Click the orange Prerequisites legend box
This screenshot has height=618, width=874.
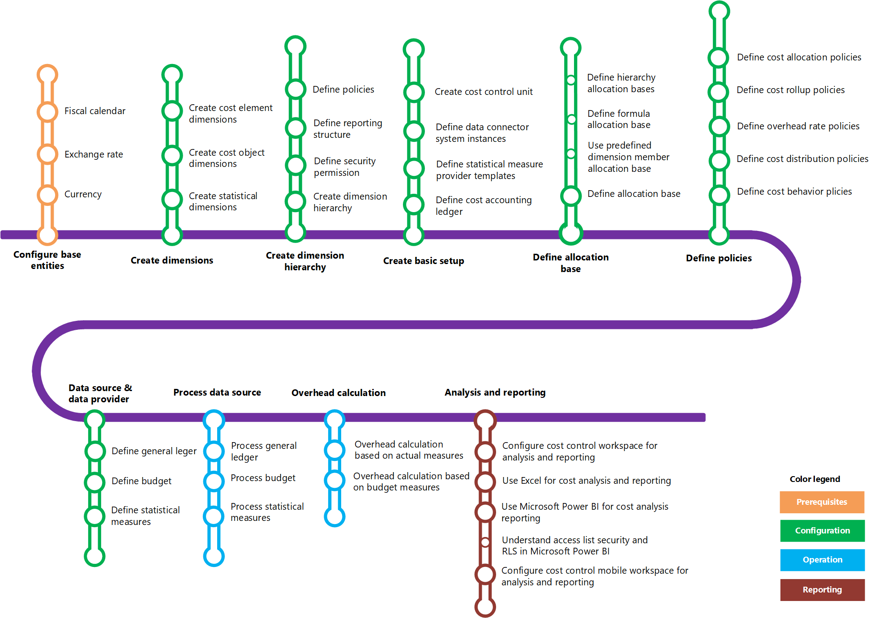[x=822, y=502]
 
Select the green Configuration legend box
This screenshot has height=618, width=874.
[x=822, y=531]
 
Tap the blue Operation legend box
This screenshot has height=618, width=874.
[x=822, y=560]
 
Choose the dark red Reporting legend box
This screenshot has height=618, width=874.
[x=822, y=590]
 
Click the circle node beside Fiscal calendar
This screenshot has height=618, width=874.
[x=47, y=111]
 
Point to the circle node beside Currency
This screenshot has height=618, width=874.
[x=47, y=195]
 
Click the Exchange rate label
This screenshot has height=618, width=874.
[x=94, y=154]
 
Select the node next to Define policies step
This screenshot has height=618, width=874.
[x=296, y=89]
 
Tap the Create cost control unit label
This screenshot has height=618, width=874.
[x=484, y=92]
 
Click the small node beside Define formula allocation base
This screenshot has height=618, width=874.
[x=571, y=119]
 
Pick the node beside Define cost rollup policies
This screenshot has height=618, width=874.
[x=719, y=92]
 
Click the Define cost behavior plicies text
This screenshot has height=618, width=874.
[x=794, y=192]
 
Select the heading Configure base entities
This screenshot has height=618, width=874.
[x=47, y=260]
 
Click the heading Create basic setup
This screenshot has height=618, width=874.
[x=424, y=261]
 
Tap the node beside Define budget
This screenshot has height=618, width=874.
[x=95, y=482]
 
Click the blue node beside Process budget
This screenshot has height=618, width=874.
[x=214, y=481]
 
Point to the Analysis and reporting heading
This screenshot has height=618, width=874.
[x=495, y=392]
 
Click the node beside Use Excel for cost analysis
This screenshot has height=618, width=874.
[x=485, y=482]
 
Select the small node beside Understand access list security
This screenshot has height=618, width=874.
[x=485, y=542]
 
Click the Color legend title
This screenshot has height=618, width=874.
[x=814, y=479]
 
